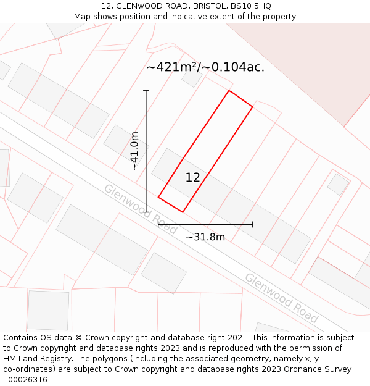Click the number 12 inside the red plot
192,178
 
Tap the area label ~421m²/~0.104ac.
205,67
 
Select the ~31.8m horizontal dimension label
205,237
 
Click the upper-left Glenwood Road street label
140,209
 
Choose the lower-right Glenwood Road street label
281,298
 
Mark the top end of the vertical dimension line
146,91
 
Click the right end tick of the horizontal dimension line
252,224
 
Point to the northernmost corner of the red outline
229,91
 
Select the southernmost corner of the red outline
182,212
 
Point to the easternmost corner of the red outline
252,107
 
